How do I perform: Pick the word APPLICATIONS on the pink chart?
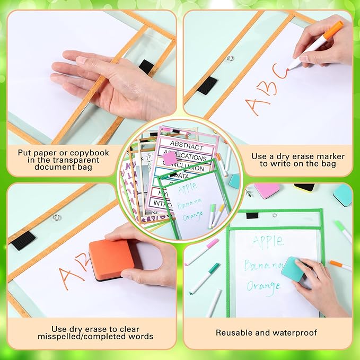pos(188,157)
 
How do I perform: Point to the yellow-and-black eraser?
pos(304,187)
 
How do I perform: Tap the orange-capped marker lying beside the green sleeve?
pos(340,265)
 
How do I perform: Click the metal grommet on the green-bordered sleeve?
pos(275,215)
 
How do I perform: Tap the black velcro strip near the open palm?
pos(146,66)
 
